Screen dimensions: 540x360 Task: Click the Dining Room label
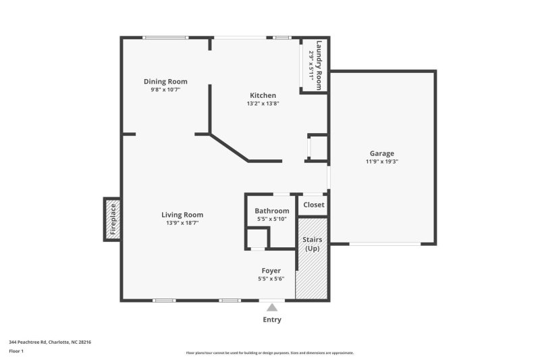coord(165,82)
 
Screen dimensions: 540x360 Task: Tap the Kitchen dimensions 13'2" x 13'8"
coord(263,103)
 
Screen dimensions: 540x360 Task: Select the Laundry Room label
coord(319,66)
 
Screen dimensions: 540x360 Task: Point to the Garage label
coord(382,153)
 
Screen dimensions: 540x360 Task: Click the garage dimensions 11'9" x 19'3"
coord(382,161)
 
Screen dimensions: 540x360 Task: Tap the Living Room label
coord(182,215)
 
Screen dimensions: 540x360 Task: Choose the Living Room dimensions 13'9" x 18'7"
coord(182,223)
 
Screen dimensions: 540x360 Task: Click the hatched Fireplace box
coord(112,220)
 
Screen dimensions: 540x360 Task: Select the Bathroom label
coord(272,211)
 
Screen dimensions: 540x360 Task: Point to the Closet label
coord(314,205)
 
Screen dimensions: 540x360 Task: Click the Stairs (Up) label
coord(313,244)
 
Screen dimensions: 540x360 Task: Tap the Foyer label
coord(271,271)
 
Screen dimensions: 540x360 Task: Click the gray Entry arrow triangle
coord(272,307)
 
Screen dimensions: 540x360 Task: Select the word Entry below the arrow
coord(272,319)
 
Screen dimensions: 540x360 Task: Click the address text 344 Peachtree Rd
coord(28,342)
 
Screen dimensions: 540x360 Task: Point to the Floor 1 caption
coord(16,351)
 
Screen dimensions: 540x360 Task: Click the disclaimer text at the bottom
coord(269,353)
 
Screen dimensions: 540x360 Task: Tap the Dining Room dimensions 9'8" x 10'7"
coord(165,90)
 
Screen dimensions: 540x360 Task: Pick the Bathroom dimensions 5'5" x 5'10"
coord(272,219)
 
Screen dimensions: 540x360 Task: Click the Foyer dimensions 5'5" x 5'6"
coord(271,279)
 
